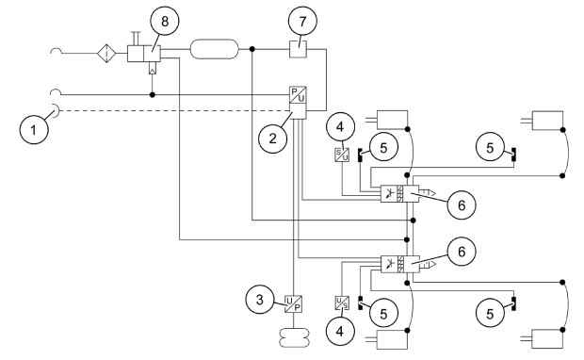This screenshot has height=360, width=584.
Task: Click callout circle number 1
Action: click(34, 130)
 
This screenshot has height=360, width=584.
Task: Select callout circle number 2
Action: click(273, 139)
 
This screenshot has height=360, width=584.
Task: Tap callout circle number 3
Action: click(260, 300)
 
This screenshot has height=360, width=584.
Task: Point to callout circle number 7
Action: click(302, 22)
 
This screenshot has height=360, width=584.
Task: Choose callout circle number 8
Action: click(165, 22)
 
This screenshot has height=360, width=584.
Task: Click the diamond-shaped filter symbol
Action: click(106, 54)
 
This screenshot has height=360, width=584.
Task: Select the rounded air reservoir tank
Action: click(214, 49)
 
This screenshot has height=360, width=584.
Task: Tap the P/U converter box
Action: click(298, 94)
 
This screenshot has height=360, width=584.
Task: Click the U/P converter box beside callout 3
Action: click(294, 304)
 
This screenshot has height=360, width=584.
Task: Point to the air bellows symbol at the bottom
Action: click(294, 337)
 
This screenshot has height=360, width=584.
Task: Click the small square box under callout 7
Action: click(299, 49)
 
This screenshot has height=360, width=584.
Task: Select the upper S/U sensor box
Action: click(342, 155)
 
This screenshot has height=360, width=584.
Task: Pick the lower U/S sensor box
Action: click(342, 303)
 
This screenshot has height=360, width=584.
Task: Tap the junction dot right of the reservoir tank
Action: click(252, 49)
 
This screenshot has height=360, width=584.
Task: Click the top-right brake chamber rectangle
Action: click(547, 121)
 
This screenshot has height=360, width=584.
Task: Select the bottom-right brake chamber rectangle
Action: click(547, 338)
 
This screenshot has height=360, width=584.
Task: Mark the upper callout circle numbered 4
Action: click(340, 126)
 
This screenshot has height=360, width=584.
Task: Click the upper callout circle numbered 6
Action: click(462, 205)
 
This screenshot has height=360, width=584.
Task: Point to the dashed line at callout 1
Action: click(175, 110)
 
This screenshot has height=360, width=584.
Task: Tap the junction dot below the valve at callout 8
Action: click(152, 95)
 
